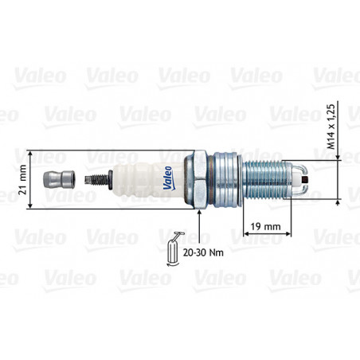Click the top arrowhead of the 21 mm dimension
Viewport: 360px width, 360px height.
[31, 152]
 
